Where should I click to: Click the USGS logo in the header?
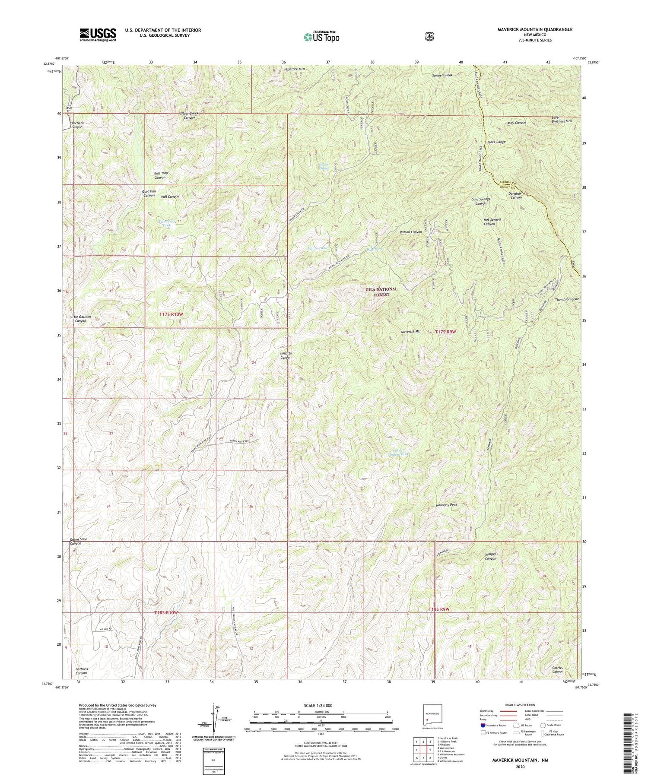tap(98, 34)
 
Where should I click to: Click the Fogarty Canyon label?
tap(286, 355)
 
